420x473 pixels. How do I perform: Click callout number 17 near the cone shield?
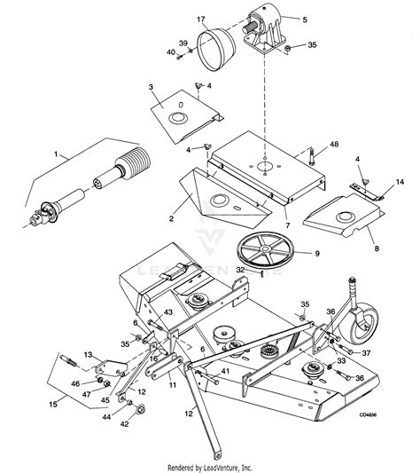pos(201,19)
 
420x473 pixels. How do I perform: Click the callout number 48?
pos(334,144)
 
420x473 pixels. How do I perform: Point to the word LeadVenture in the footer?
pos(235,467)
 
